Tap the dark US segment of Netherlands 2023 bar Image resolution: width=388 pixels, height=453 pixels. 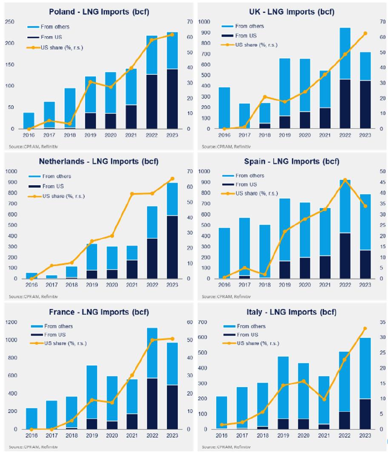(x=172, y=247)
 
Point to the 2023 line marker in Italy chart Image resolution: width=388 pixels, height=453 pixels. (x=365, y=328)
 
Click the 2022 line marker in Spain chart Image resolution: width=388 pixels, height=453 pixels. (x=345, y=180)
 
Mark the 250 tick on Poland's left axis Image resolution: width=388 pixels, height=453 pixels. (x=10, y=22)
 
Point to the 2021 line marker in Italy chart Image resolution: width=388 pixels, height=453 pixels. (x=324, y=399)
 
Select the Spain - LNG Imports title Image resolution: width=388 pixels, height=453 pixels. (x=291, y=161)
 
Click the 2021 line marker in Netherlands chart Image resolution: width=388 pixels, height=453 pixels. (x=132, y=194)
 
